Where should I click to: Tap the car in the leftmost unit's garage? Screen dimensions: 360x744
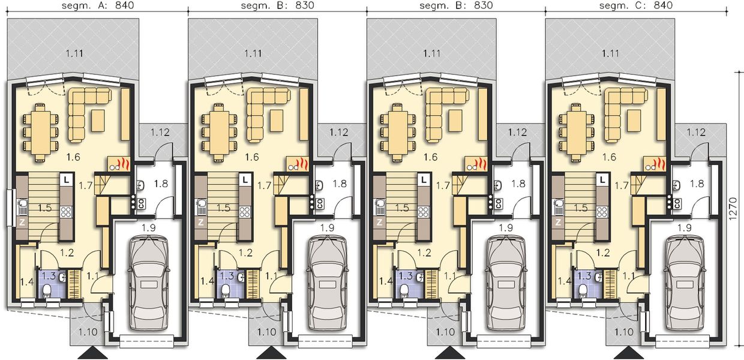(148, 282)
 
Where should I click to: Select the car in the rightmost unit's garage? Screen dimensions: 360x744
(685, 282)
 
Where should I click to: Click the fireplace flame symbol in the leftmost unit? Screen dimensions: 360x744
(122, 163)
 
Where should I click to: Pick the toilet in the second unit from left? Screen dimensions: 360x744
(226, 291)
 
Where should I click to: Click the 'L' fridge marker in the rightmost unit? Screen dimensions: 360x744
(603, 179)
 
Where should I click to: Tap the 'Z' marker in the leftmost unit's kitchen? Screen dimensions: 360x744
(22, 221)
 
